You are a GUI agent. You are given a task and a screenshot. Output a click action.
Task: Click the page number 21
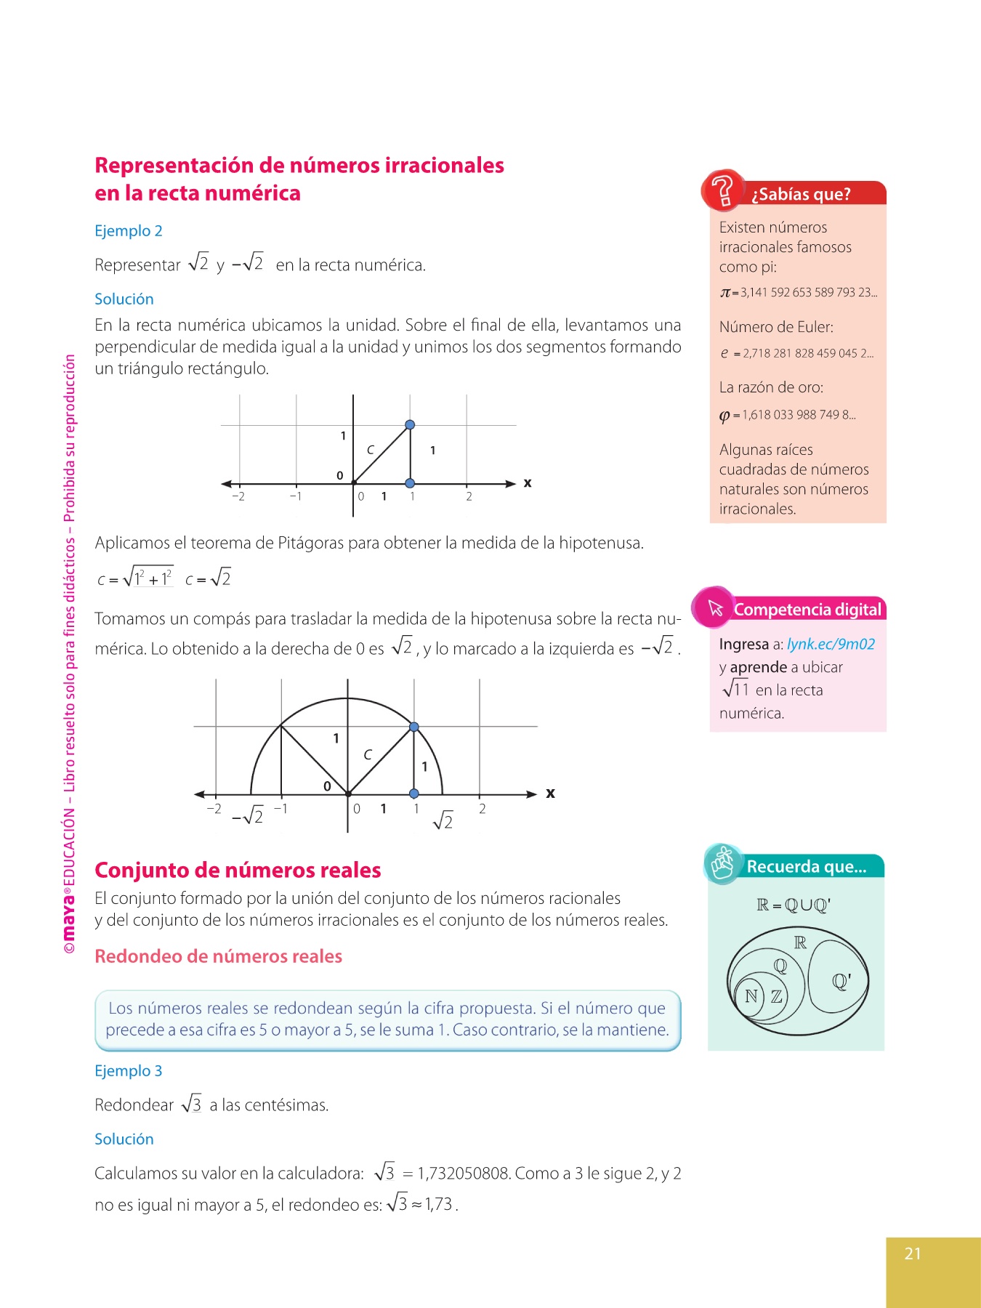click(x=913, y=1253)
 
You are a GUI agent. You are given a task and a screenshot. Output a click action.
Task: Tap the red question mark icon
click(x=722, y=190)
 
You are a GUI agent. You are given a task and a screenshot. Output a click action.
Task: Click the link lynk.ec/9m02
click(x=831, y=644)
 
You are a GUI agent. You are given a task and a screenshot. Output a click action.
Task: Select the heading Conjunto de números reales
click(x=238, y=870)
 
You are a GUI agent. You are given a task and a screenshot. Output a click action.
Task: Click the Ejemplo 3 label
click(x=129, y=1070)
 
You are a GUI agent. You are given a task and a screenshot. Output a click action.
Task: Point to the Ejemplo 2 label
click(x=129, y=230)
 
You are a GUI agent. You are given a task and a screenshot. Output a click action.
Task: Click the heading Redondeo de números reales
click(x=218, y=956)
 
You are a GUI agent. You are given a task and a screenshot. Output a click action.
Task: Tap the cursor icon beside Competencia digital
click(x=714, y=607)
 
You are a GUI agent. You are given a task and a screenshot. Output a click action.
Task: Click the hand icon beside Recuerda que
click(x=722, y=864)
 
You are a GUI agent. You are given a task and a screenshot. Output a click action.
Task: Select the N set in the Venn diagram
click(x=751, y=996)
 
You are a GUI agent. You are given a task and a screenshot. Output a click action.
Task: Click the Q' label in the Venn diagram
click(x=841, y=982)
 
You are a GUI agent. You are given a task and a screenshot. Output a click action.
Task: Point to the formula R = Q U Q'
click(x=793, y=905)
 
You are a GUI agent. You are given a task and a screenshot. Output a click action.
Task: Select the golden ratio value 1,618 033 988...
click(x=798, y=415)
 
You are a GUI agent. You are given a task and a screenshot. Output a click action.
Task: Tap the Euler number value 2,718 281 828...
click(x=807, y=354)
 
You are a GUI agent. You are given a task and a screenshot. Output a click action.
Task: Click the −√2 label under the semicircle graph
click(x=248, y=816)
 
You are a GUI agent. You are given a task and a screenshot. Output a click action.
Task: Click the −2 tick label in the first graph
click(x=238, y=497)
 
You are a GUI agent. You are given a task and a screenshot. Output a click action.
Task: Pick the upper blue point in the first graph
click(x=410, y=424)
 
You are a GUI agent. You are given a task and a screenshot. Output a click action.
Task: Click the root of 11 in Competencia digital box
click(x=735, y=689)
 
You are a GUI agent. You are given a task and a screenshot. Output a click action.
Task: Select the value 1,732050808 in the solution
click(x=465, y=1173)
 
